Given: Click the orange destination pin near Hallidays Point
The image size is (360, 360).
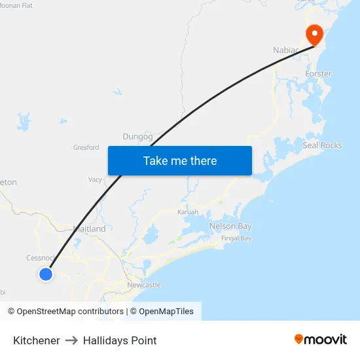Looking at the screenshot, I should (315, 34).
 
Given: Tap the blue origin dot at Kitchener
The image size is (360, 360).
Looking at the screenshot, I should (45, 274).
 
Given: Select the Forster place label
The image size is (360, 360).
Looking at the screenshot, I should (318, 74).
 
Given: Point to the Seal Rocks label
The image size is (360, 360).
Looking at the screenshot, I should (322, 145).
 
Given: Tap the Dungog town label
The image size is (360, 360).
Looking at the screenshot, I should (137, 137).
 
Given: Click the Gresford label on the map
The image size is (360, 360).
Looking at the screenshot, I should (86, 148).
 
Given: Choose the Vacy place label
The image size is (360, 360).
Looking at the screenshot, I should (96, 179).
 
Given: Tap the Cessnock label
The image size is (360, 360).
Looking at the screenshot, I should (41, 258).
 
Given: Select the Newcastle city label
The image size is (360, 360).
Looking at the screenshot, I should (143, 285).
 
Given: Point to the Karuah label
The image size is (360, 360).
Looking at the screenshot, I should (188, 212).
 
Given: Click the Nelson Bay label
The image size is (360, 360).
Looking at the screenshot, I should (230, 226).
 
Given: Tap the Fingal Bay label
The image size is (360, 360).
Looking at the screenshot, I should (236, 238).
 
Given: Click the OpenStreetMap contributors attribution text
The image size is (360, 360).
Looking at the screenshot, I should (69, 312).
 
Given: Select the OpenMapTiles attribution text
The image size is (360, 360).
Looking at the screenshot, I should (166, 312).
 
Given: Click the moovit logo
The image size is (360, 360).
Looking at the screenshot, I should (321, 339).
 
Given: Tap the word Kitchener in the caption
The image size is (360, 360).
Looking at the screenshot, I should (37, 340).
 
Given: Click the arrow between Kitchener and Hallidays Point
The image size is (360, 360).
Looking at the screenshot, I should (71, 340).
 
